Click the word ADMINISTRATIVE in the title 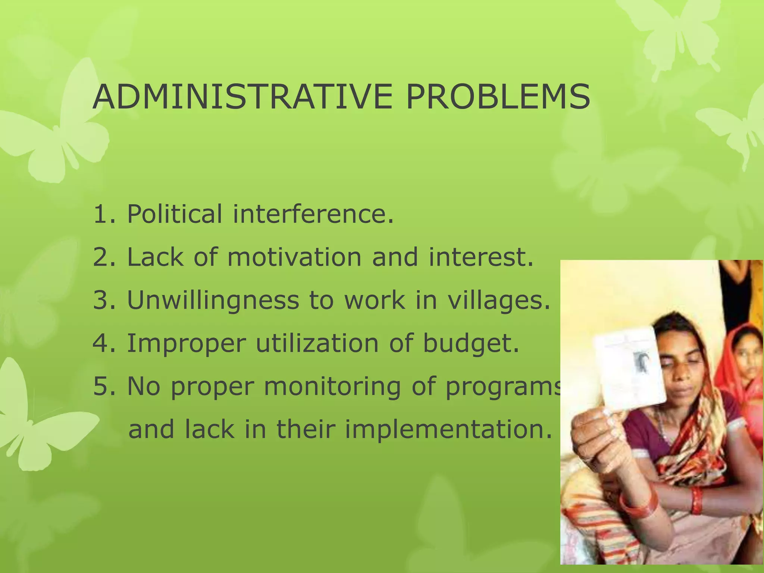pyautogui.click(x=242, y=97)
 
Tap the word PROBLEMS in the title pyautogui.click(x=498, y=97)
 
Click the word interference pyautogui.click(x=313, y=214)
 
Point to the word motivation pyautogui.click(x=295, y=257)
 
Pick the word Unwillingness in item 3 pyautogui.click(x=213, y=300)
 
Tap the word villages pyautogui.click(x=499, y=300)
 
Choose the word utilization pyautogui.click(x=317, y=343)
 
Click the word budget pyautogui.click(x=471, y=343)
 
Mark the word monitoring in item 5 pyautogui.click(x=332, y=386)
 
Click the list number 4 pyautogui.click(x=101, y=343)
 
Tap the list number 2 pyautogui.click(x=101, y=257)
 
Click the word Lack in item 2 pyautogui.click(x=155, y=257)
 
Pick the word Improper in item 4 pyautogui.click(x=187, y=343)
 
